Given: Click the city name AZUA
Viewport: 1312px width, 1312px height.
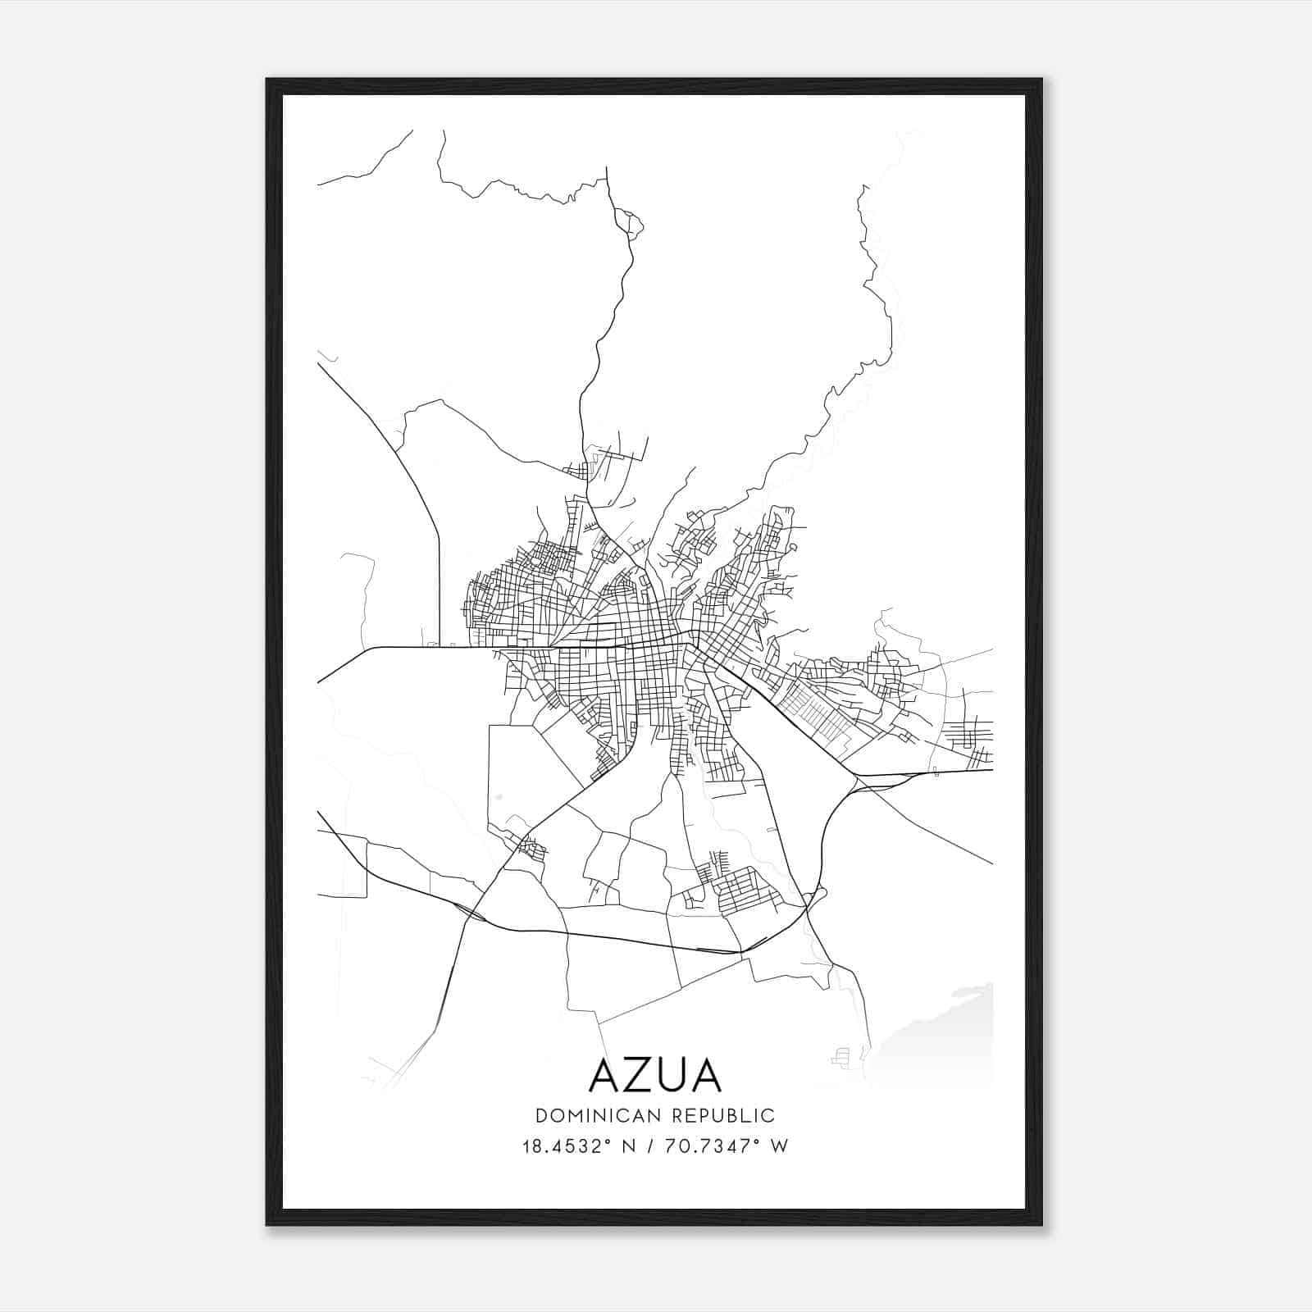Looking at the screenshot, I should point(655,1076).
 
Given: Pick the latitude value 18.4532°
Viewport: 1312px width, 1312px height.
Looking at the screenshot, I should point(567,1146).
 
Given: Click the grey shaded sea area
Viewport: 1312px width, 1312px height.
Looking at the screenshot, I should point(943,1041).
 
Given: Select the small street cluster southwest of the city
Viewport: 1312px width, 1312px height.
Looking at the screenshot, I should point(532,848).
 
